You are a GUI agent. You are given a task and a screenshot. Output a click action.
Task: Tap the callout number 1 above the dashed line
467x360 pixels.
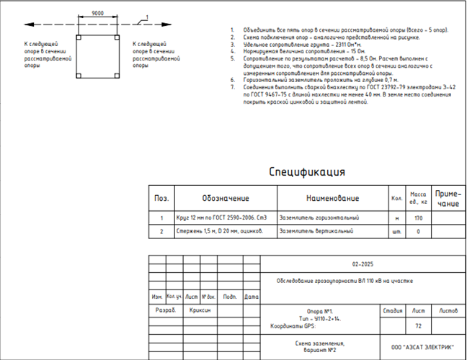(x=146, y=17)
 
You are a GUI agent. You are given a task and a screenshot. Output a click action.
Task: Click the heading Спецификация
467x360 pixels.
(x=307, y=172)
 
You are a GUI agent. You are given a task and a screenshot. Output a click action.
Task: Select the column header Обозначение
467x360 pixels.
(x=225, y=199)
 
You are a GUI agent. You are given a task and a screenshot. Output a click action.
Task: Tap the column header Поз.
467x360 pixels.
(x=161, y=199)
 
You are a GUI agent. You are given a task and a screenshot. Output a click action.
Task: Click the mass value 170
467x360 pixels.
(x=417, y=217)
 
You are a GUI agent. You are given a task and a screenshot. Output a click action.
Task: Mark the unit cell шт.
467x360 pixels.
(x=396, y=231)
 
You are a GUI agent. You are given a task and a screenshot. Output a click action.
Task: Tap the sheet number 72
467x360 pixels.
(x=419, y=326)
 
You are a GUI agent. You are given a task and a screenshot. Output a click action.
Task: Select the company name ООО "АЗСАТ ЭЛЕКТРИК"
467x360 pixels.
(x=422, y=347)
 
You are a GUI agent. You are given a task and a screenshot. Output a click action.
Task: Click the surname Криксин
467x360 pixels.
(x=200, y=310)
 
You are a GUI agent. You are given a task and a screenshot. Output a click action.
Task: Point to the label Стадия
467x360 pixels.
(x=393, y=310)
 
